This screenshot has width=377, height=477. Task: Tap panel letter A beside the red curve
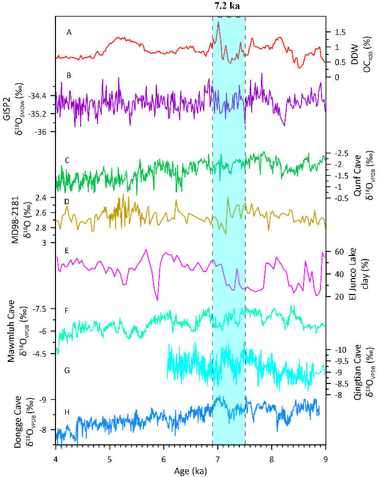[69, 32]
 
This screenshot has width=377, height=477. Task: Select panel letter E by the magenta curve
[67, 251]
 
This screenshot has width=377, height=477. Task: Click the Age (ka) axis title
[191, 469]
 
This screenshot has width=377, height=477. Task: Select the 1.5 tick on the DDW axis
[337, 32]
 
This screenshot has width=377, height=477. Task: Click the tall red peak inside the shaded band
[219, 23]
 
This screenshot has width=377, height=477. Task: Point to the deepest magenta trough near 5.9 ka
[157, 300]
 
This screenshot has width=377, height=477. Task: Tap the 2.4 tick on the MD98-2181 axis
[41, 198]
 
